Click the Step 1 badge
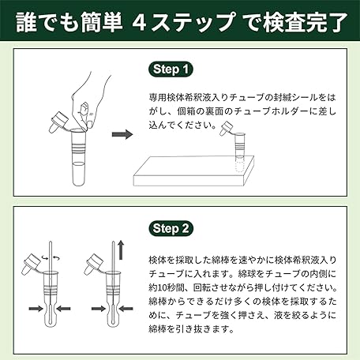pos(171,69)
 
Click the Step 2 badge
pos(171,228)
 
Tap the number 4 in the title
pos(139,22)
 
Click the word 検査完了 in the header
pos(305,22)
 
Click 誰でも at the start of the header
pos(47,22)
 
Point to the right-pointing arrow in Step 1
pos(122,134)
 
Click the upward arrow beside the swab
pos(121,249)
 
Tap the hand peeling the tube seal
pos(91,100)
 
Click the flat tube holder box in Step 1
pos(194,171)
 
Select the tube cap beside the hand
pos(58,122)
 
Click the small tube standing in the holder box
pos(239,152)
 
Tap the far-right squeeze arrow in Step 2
pos(126,308)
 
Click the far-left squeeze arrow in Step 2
pos(36,308)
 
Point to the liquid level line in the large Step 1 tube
pos(78,164)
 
